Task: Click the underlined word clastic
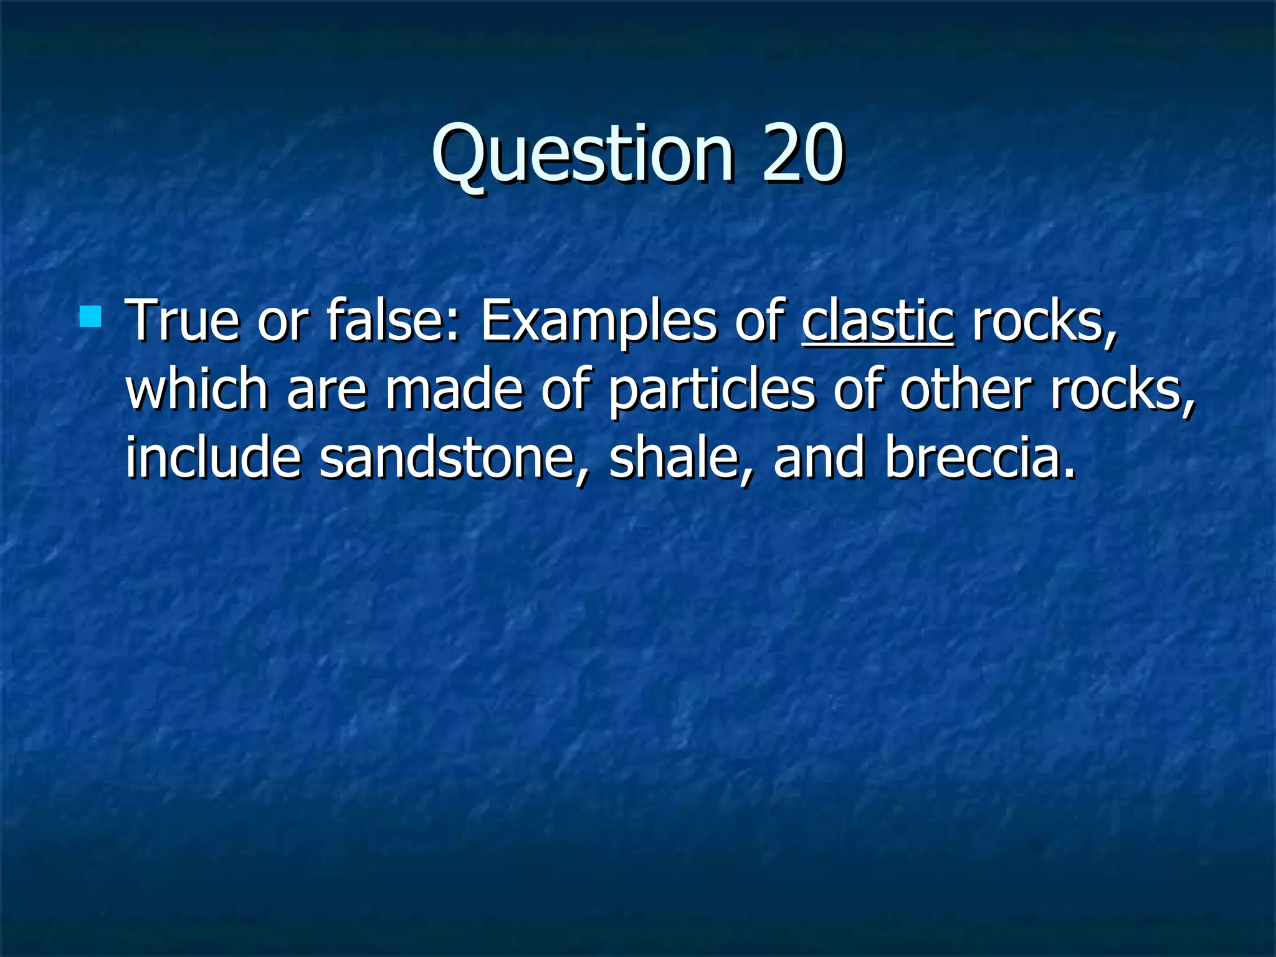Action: (x=877, y=322)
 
